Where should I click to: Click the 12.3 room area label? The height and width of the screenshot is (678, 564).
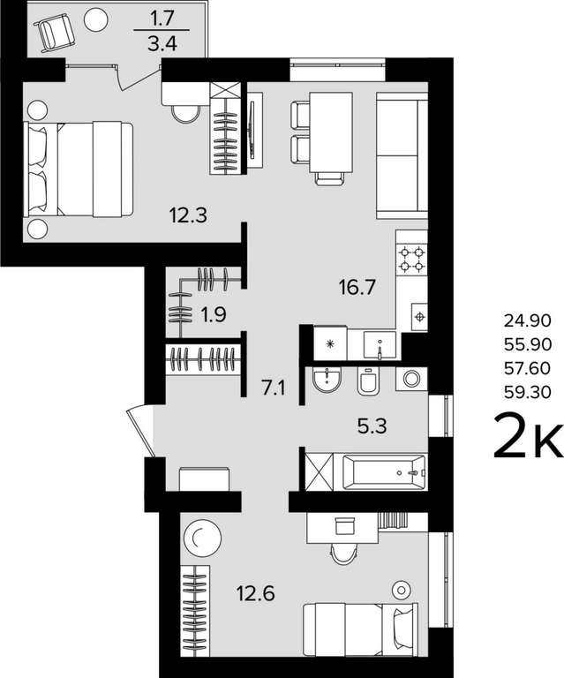pos(188,215)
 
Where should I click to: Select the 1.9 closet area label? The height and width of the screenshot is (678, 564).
pos(213,315)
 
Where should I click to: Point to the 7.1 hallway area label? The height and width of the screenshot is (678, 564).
pos(273,388)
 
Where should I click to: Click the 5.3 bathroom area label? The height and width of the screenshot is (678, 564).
pos(372,426)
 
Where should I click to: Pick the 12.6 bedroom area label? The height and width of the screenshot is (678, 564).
pos(256,593)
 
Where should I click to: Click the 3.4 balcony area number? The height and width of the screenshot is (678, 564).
pos(162,43)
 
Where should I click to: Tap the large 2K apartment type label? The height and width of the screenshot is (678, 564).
pos(528,435)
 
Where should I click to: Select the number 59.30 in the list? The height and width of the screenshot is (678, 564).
pos(528,392)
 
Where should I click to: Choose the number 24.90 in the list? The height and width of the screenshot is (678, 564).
pos(528,320)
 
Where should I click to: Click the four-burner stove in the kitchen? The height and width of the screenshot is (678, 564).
pos(412,259)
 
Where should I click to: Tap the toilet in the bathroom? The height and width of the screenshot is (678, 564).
pos(368,381)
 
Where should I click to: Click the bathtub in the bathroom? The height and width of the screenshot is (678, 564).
pos(384,472)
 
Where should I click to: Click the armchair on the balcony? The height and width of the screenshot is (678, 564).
pos(54,31)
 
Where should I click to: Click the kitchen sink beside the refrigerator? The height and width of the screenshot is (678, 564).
pos(380,344)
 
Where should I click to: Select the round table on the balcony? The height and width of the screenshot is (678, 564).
pos(95,19)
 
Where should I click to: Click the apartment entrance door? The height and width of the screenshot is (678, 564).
pos(140,432)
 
